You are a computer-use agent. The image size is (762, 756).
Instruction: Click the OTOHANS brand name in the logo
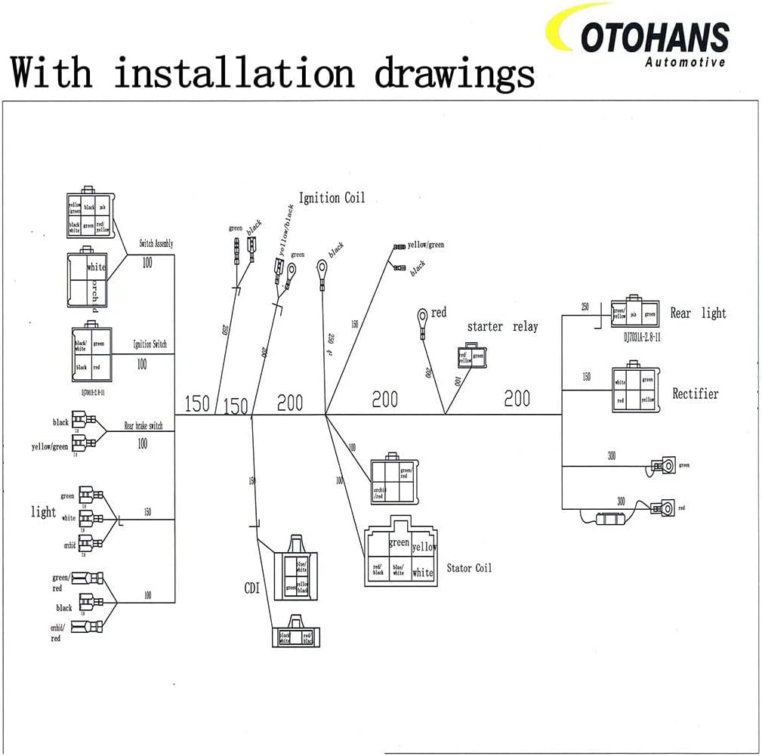(655, 37)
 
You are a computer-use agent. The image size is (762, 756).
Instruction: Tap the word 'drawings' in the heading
(455, 73)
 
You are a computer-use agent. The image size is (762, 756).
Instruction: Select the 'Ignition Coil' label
(332, 198)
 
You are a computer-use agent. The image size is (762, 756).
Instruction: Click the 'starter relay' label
(502, 326)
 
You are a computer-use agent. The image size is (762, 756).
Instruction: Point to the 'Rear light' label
(698, 313)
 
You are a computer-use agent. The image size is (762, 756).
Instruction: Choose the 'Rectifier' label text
(696, 393)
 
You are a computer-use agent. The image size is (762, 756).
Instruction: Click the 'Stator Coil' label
(469, 567)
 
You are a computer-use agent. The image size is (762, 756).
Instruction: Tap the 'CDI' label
(251, 588)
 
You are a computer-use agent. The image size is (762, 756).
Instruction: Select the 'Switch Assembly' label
(156, 244)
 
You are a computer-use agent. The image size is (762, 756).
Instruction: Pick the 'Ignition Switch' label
(150, 344)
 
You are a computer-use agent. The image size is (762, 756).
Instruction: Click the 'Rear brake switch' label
(143, 426)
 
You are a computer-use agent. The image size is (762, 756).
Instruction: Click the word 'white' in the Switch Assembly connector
(96, 267)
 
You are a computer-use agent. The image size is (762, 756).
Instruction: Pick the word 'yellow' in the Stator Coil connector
(423, 547)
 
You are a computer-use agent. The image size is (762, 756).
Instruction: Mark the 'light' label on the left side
(43, 512)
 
